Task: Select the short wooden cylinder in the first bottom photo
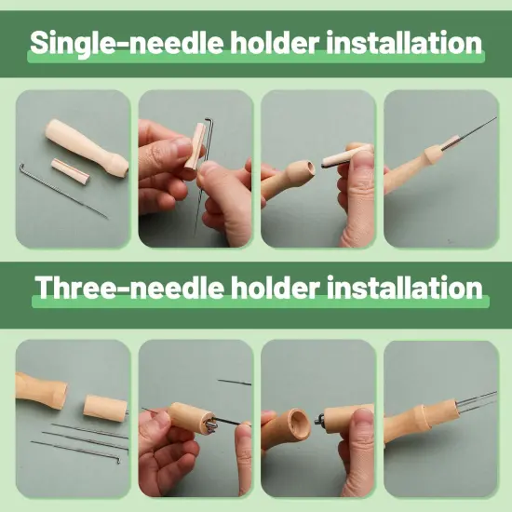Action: click(105, 406)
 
